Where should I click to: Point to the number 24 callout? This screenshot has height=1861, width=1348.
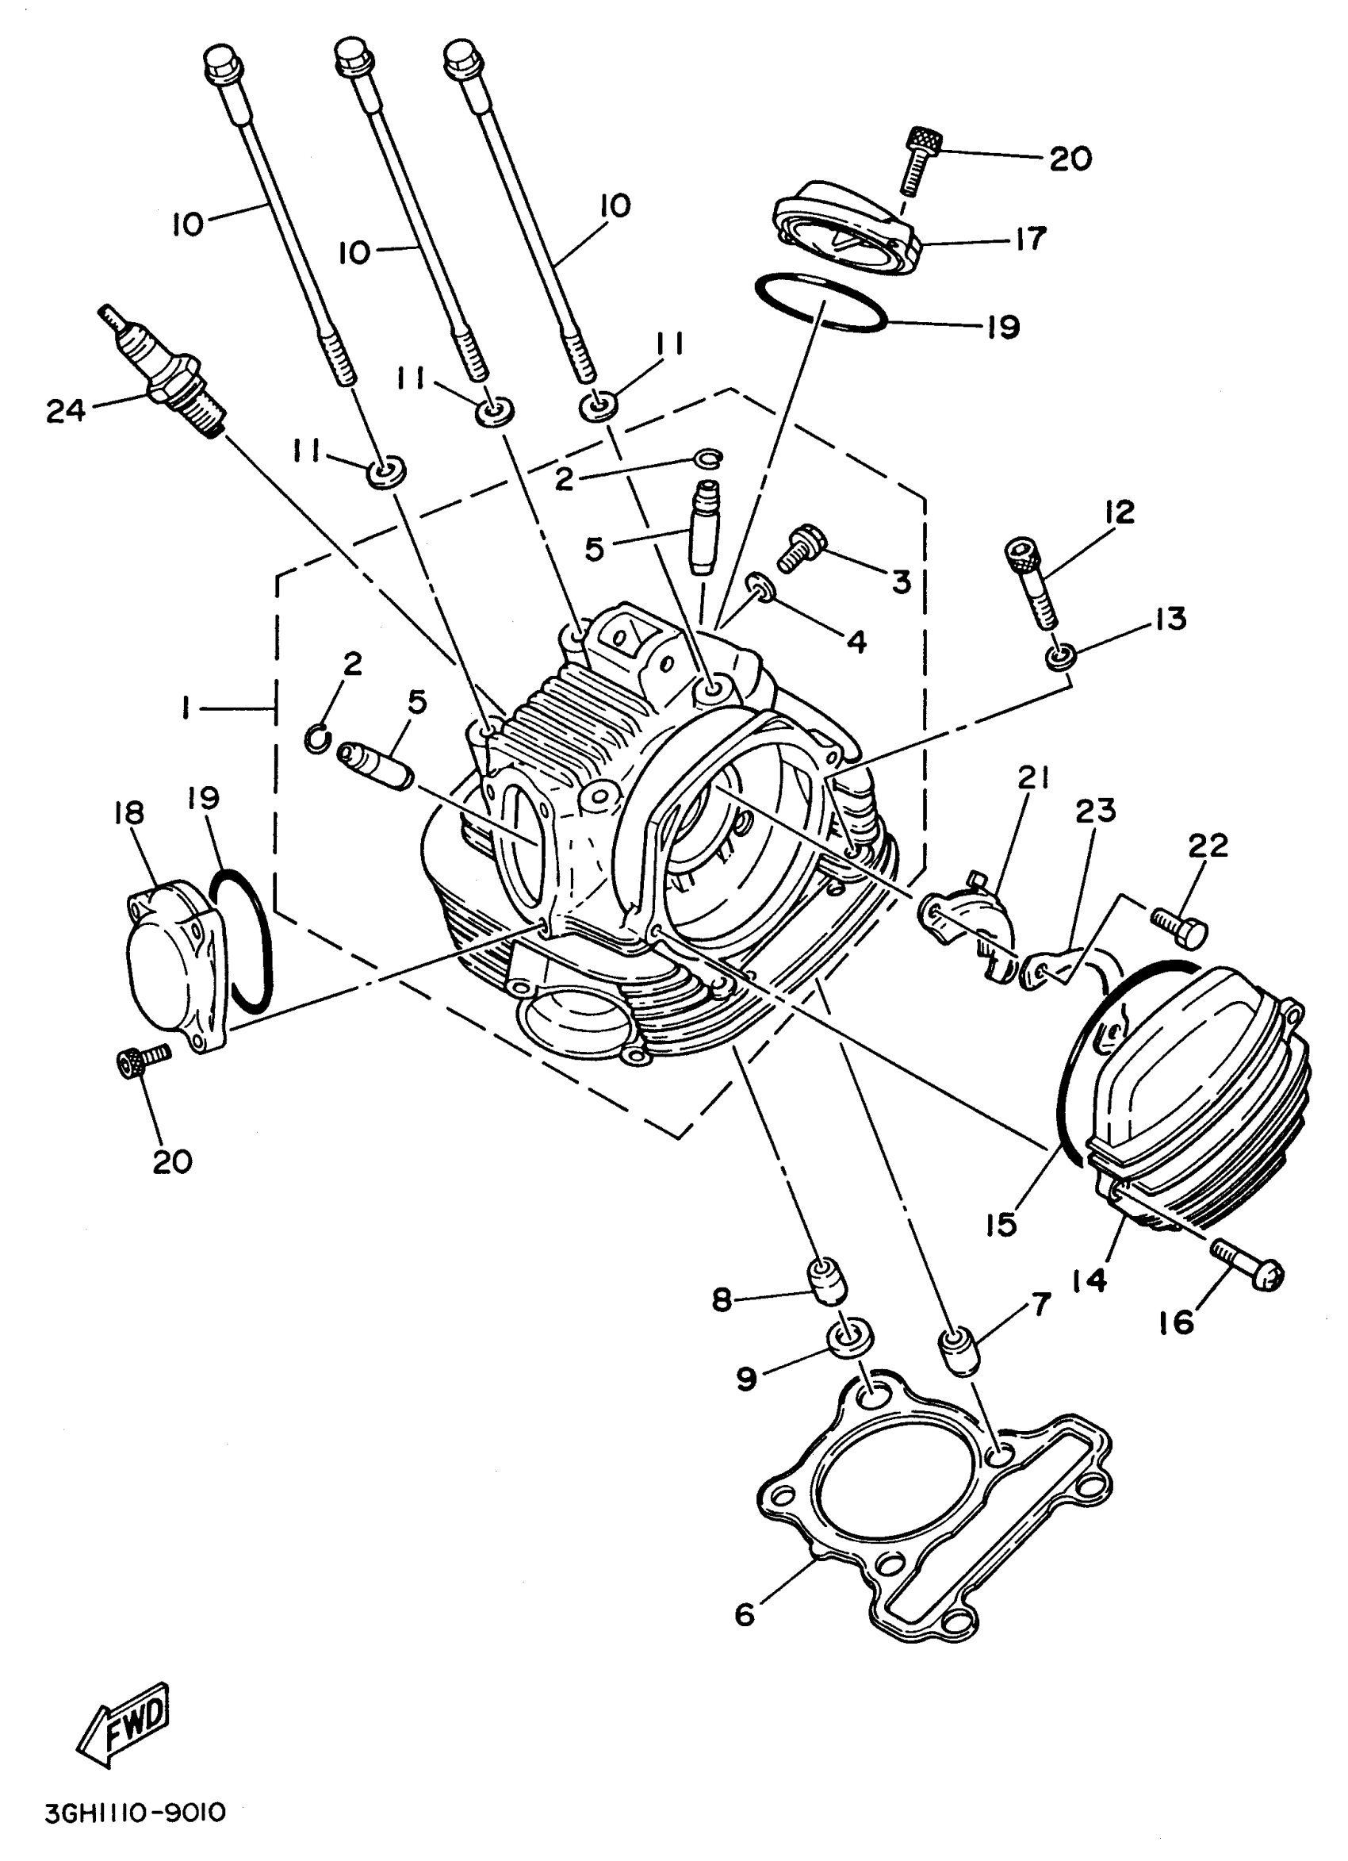pyautogui.click(x=66, y=410)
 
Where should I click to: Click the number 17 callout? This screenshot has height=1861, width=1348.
pyautogui.click(x=1030, y=238)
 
